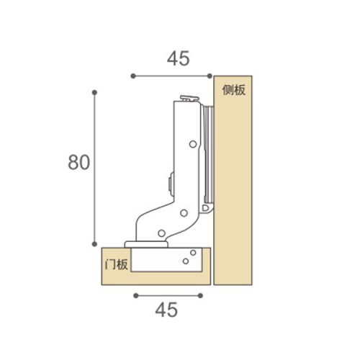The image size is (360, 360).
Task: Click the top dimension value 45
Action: click(178, 58)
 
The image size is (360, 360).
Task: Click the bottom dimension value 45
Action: click(166, 310)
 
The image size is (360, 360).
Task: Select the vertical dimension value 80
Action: click(79, 163)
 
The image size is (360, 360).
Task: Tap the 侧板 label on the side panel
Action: click(234, 90)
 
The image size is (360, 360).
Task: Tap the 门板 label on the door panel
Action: click(117, 264)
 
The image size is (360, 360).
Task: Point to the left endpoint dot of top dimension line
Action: click(133, 76)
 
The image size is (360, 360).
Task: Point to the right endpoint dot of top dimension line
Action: click(210, 76)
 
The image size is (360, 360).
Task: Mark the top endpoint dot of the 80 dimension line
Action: click(94, 92)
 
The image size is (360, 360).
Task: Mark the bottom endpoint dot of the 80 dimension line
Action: click(94, 244)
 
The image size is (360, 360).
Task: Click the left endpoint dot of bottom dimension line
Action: click(136, 295)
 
